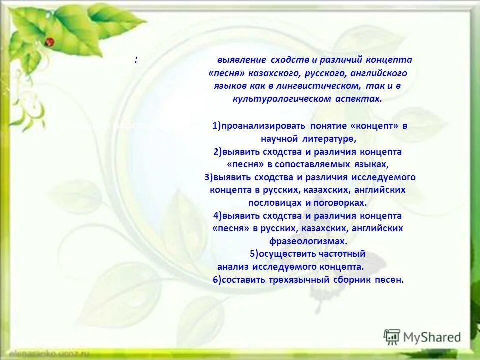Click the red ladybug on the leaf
[49, 42]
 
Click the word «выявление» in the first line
[235, 60]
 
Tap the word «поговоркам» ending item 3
[341, 203]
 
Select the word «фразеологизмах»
[308, 241]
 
